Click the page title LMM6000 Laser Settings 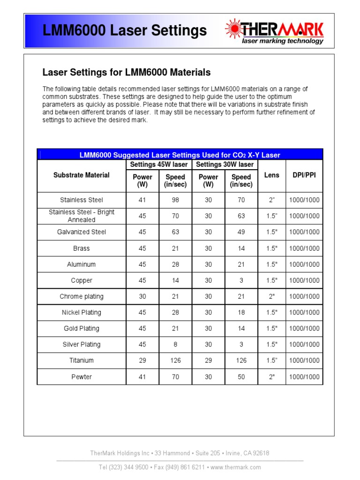coord(124,31)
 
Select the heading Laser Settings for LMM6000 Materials coord(127,73)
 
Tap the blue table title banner coord(180,155)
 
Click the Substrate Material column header coord(82,175)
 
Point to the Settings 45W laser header coord(159,165)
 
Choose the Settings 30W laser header coord(225,165)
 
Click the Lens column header coord(271,175)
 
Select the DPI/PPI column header coord(304,175)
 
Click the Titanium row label coord(82,360)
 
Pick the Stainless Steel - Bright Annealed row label coord(82,216)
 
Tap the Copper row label coord(82,280)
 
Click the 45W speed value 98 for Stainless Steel coord(175,200)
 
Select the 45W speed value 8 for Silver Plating coord(175,345)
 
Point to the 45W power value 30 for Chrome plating coord(142,296)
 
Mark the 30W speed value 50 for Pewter coord(241,377)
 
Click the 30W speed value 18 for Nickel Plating coord(241,312)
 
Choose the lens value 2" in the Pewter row coord(271,377)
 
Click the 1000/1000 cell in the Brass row coord(304,248)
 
